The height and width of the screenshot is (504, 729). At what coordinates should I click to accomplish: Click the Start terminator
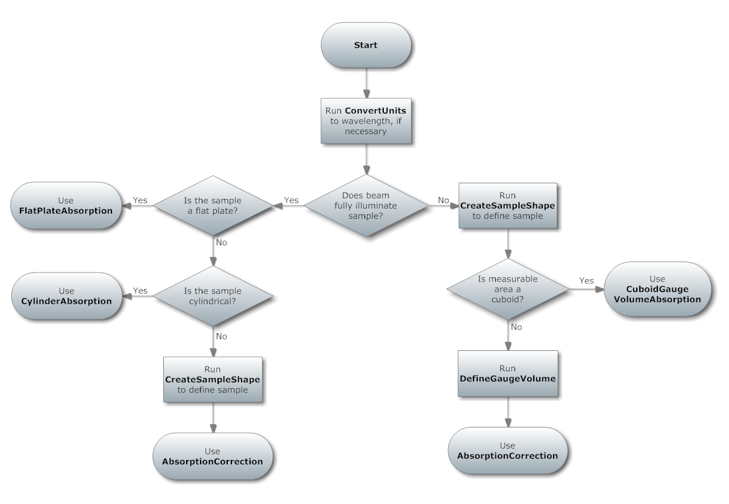tap(366, 46)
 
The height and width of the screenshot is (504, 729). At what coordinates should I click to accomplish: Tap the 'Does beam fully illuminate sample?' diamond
tap(366, 205)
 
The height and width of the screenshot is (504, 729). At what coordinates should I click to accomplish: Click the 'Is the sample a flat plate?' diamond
tap(213, 205)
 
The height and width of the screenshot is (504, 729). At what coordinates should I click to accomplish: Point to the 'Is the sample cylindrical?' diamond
tap(213, 295)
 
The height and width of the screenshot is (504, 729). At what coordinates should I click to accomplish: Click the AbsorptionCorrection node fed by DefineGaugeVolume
tap(507, 451)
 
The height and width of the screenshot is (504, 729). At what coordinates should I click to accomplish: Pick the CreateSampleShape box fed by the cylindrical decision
tap(213, 379)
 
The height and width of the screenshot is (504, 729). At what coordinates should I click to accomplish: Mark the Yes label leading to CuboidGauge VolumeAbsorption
tap(586, 280)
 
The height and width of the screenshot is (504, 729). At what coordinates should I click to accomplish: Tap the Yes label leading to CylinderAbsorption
tap(140, 290)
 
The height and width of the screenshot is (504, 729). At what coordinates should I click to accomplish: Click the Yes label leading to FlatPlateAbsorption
tap(140, 200)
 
